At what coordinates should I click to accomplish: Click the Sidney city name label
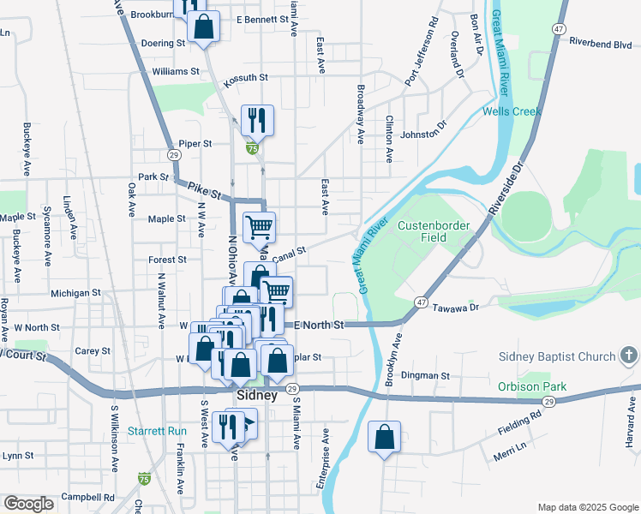pyautogui.click(x=255, y=397)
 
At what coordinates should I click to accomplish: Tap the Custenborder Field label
pyautogui.click(x=432, y=231)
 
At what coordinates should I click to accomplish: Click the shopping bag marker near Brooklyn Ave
pyautogui.click(x=384, y=436)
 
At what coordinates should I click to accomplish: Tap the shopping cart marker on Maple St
pyautogui.click(x=259, y=227)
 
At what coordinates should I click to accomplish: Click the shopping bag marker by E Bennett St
pyautogui.click(x=204, y=26)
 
